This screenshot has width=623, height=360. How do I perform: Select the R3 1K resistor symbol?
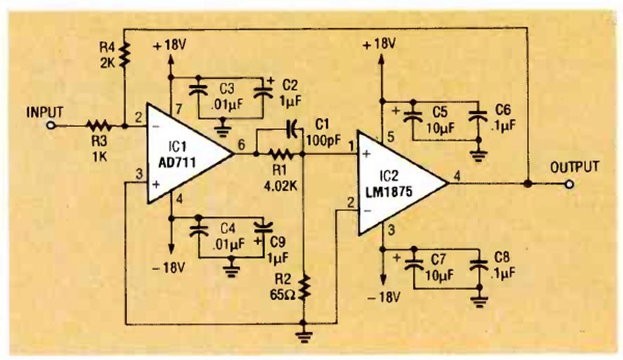coord(99,127)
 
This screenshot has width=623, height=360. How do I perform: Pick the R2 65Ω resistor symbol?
coord(304,287)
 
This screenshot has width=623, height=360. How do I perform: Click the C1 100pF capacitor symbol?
coord(293,129)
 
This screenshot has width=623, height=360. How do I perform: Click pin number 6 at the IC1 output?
coord(241,146)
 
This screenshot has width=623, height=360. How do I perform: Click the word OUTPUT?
coord(574,167)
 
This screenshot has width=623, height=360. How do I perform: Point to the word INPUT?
coord(45,111)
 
